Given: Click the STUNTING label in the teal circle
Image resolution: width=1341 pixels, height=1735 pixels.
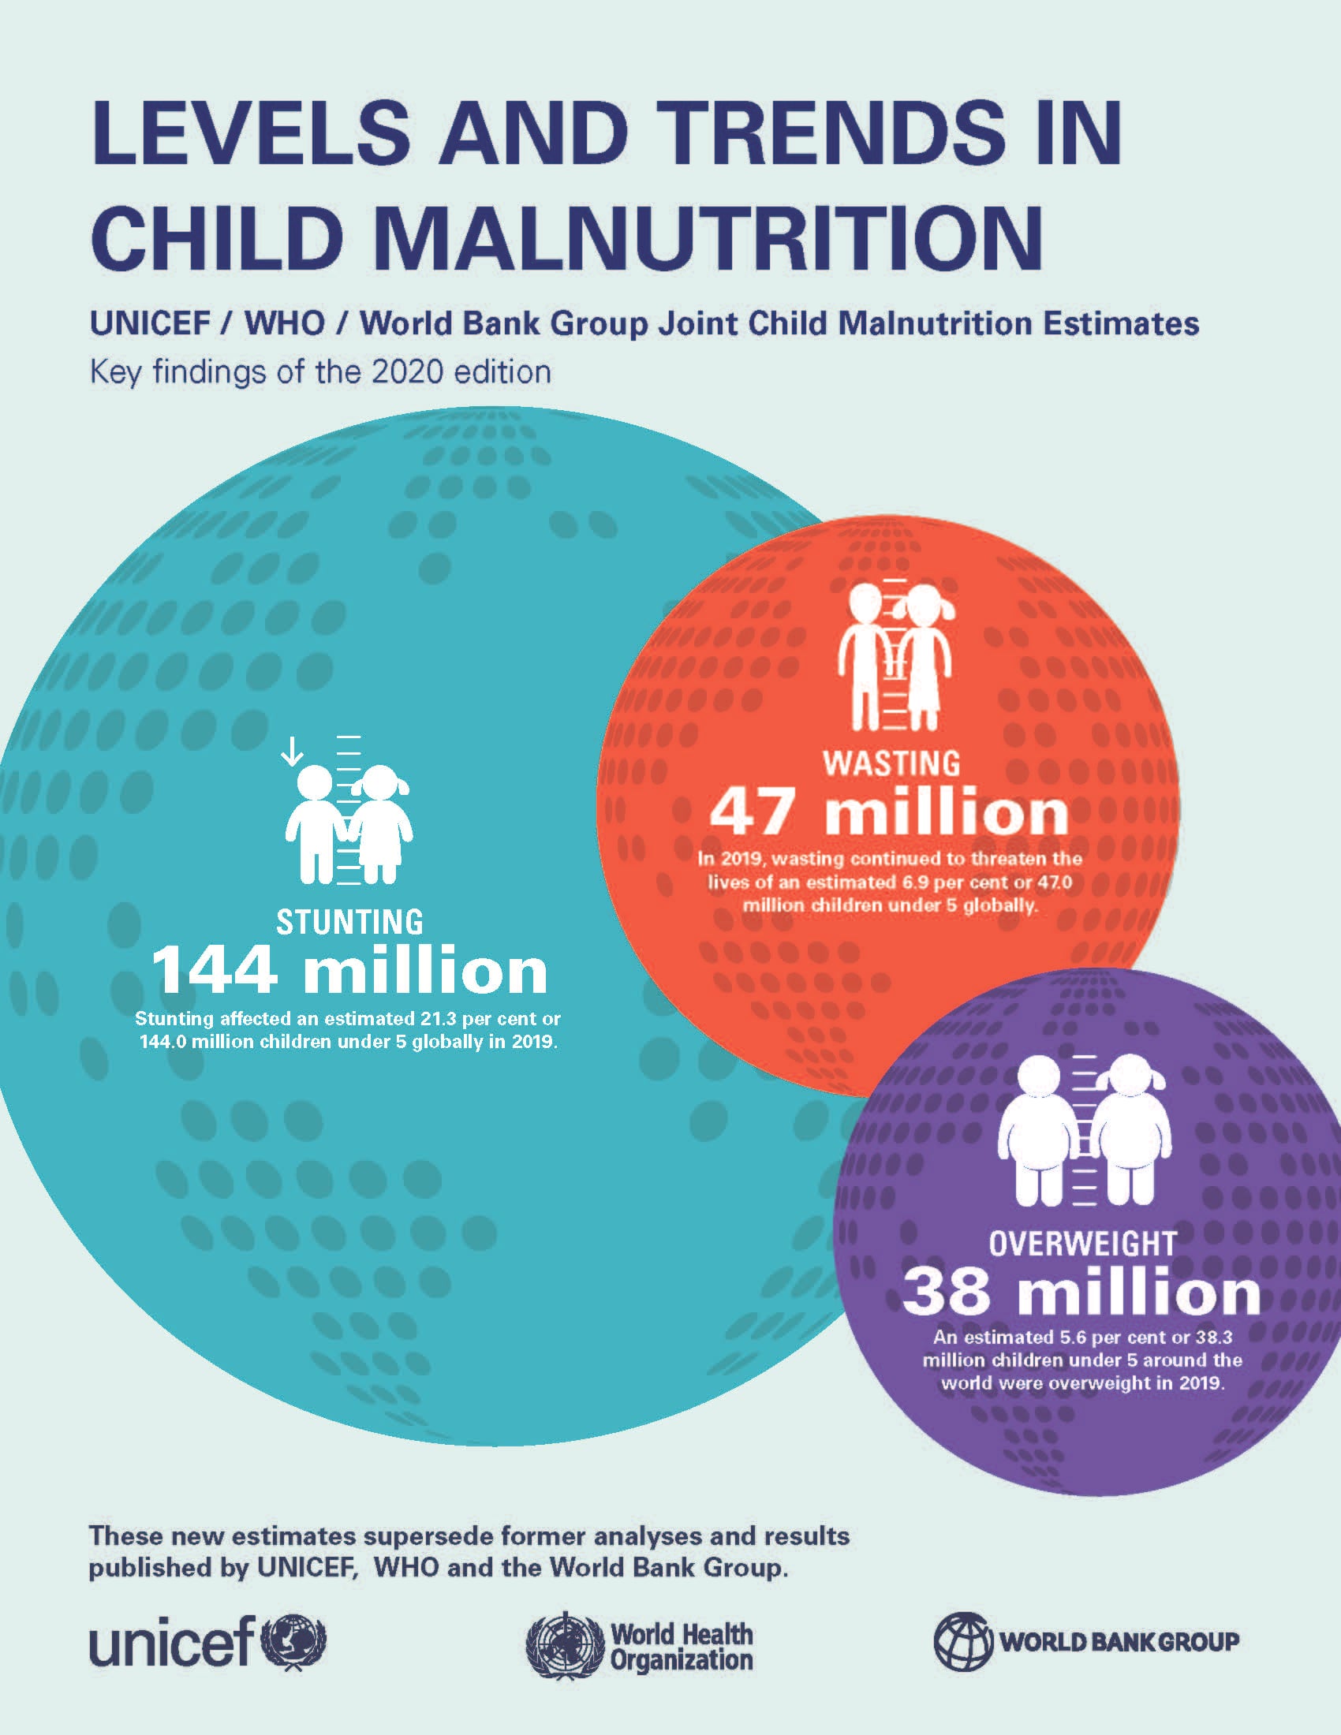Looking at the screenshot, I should click(x=349, y=923).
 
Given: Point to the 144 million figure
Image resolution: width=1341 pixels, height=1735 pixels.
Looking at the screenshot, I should click(x=349, y=972).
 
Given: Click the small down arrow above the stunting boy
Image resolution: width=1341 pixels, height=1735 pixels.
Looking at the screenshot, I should click(x=293, y=751).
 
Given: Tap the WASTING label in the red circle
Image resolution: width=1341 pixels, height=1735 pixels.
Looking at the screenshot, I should click(x=891, y=763).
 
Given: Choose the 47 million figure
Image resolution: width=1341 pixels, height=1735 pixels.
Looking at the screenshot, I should click(x=889, y=812).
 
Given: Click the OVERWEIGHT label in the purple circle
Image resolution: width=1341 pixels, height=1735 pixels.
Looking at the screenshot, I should click(x=1082, y=1243).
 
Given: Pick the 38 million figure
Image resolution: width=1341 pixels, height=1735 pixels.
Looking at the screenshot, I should click(x=1081, y=1293).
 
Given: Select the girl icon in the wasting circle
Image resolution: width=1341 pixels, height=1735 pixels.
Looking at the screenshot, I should click(x=924, y=659).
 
